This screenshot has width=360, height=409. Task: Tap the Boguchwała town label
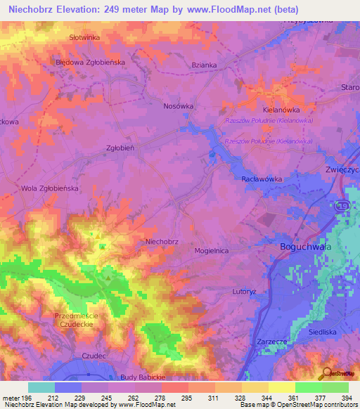pos(296,248)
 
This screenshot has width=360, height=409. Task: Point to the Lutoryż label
pos(247,290)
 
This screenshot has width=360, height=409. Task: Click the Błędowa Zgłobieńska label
pos(90,62)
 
